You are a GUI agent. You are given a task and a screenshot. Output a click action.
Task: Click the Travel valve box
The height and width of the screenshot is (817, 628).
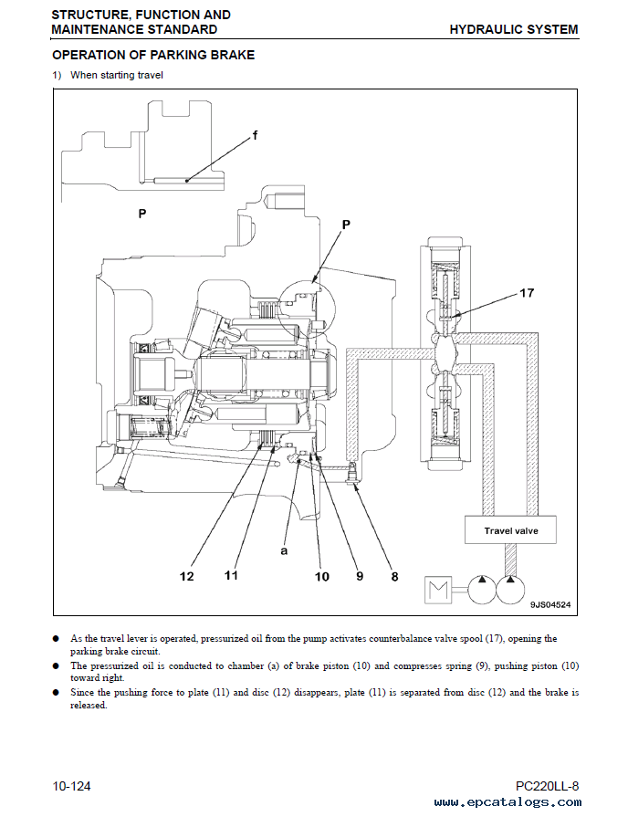pyautogui.click(x=510, y=530)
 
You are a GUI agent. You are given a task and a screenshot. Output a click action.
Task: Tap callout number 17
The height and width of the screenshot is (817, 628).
pyautogui.click(x=527, y=293)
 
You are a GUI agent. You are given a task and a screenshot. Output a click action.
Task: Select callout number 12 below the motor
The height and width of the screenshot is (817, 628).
pyautogui.click(x=187, y=576)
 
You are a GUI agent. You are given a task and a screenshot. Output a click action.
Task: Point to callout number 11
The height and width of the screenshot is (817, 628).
pyautogui.click(x=231, y=575)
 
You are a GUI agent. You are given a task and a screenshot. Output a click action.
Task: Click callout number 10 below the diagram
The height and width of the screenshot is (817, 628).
pyautogui.click(x=321, y=576)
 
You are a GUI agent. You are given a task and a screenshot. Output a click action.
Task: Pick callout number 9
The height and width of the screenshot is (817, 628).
pyautogui.click(x=359, y=576)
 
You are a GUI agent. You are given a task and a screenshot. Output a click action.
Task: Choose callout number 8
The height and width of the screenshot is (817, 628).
pyautogui.click(x=394, y=576)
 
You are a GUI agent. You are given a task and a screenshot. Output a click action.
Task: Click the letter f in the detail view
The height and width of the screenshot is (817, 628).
pyautogui.click(x=255, y=135)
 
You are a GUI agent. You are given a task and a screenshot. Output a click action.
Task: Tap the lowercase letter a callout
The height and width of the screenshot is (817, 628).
pyautogui.click(x=284, y=552)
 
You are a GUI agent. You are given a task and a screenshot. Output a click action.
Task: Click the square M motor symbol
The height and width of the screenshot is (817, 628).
pyautogui.click(x=441, y=591)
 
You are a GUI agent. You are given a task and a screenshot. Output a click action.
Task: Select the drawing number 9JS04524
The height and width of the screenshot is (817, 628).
pyautogui.click(x=550, y=604)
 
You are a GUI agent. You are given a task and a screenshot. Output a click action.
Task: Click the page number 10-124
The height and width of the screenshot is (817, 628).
pyautogui.click(x=71, y=786)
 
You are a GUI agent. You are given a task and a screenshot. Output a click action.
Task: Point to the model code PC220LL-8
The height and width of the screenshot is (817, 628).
pyautogui.click(x=547, y=786)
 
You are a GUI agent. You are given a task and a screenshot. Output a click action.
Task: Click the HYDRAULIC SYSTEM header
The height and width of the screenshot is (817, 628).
pyautogui.click(x=513, y=29)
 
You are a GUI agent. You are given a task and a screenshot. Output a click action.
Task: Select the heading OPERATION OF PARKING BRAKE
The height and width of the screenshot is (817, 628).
pyautogui.click(x=152, y=55)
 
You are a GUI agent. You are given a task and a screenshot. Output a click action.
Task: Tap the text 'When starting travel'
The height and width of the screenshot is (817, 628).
pyautogui.click(x=116, y=75)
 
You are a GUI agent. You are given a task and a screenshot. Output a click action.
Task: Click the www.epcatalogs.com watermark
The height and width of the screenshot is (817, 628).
pyautogui.click(x=508, y=802)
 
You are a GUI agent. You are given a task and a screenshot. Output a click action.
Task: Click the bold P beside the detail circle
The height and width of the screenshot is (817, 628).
pyautogui.click(x=346, y=224)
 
